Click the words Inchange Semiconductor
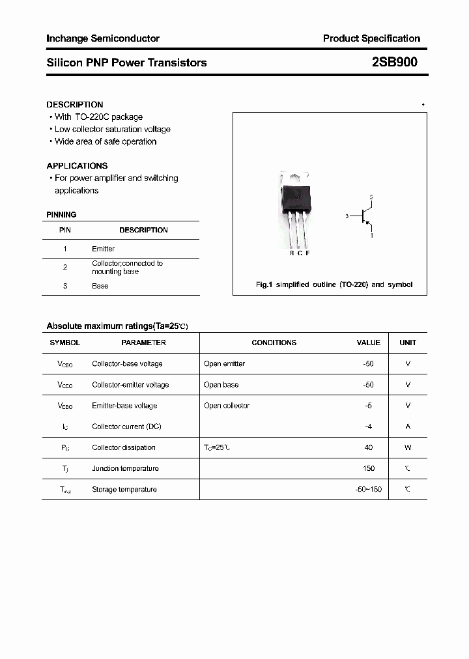pyautogui.click(x=103, y=38)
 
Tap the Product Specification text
pyautogui.click(x=371, y=38)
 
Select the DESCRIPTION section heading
pyautogui.click(x=75, y=104)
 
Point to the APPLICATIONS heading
pyautogui.click(x=77, y=165)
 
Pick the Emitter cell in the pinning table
pyautogui.click(x=103, y=249)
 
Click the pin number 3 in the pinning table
pyautogui.click(x=65, y=286)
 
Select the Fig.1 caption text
pyautogui.click(x=334, y=285)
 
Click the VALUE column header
pyautogui.click(x=368, y=343)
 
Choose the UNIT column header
pyautogui.click(x=408, y=343)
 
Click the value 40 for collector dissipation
pyautogui.click(x=368, y=447)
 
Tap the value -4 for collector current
pyautogui.click(x=368, y=427)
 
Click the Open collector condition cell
pyautogui.click(x=227, y=406)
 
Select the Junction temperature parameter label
pyautogui.click(x=125, y=468)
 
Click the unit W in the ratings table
pyautogui.click(x=408, y=447)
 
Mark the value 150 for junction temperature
pyautogui.click(x=368, y=468)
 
